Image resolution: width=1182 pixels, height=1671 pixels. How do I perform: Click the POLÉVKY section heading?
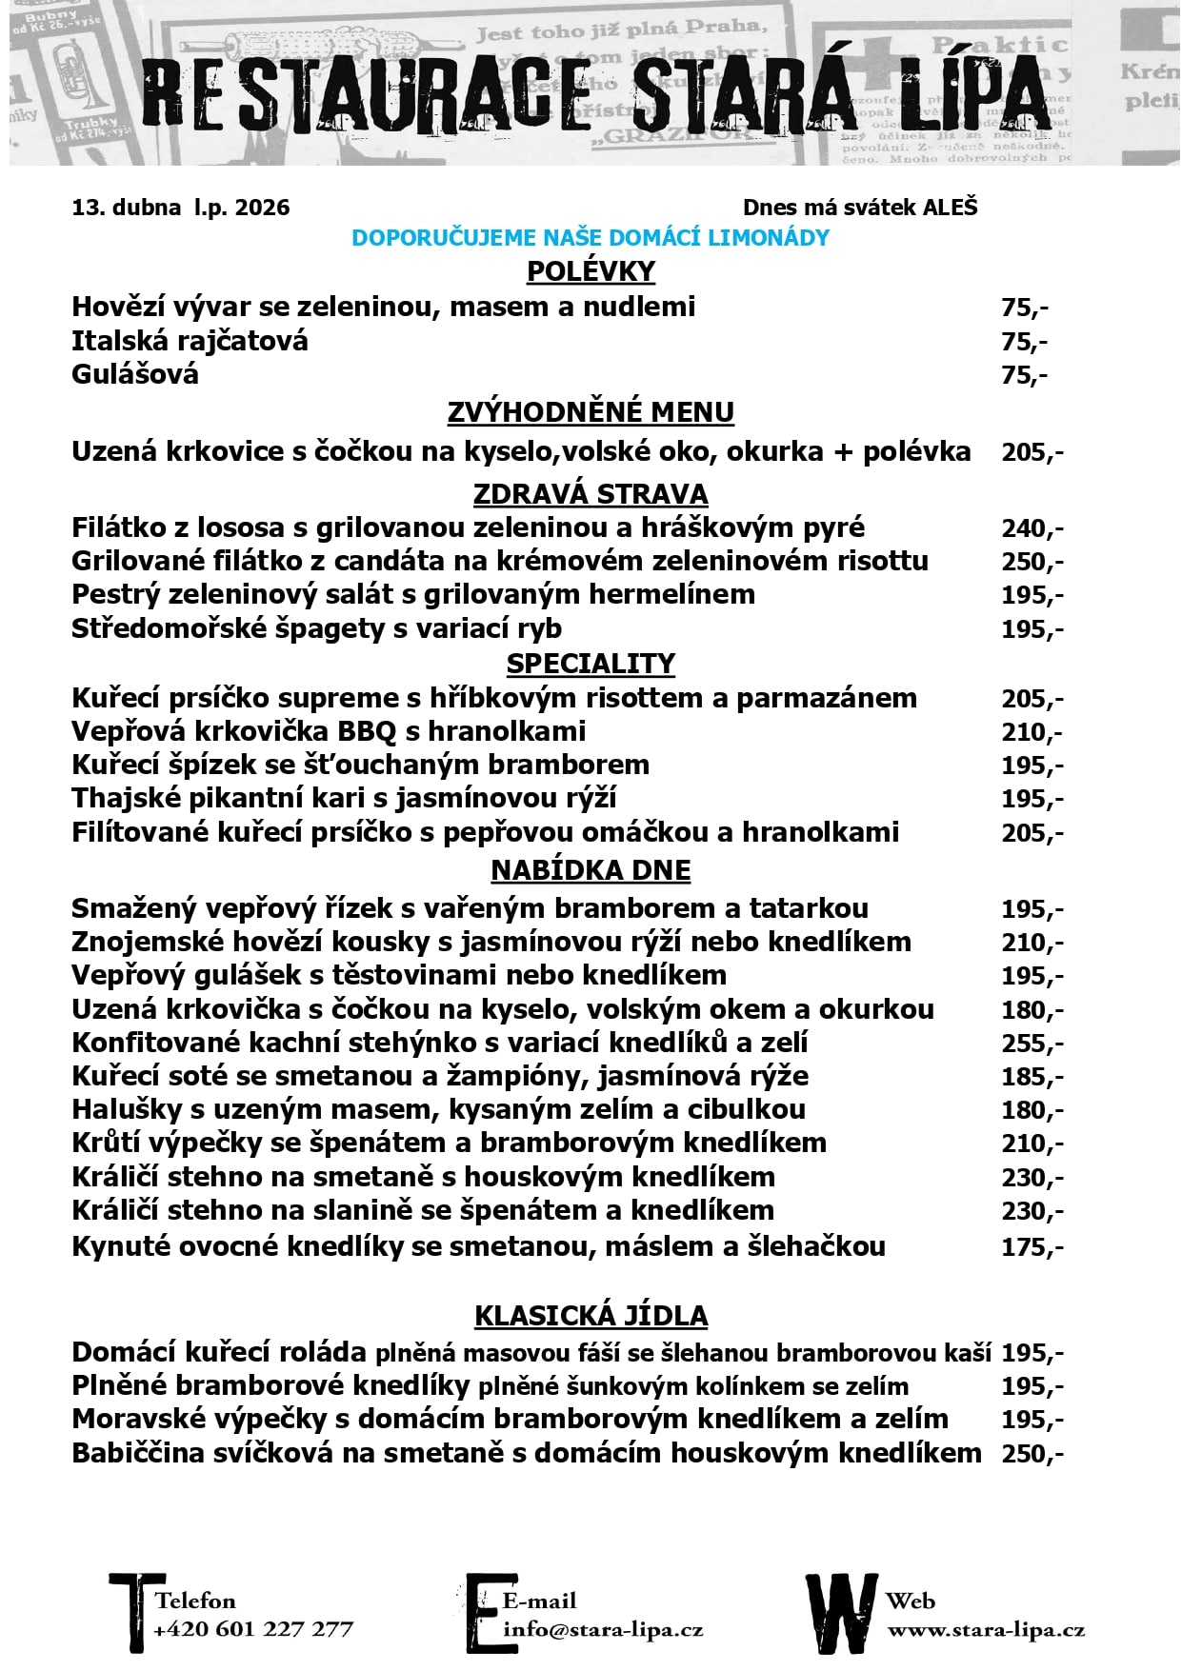591,271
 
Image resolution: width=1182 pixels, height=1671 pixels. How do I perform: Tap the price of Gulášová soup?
1024,375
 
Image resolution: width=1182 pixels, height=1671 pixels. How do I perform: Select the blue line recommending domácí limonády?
591,238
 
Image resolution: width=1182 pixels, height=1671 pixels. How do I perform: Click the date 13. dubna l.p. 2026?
180,208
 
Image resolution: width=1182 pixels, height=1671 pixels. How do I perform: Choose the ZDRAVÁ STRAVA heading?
591,494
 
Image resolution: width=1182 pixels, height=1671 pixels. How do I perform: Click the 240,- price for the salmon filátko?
1032,528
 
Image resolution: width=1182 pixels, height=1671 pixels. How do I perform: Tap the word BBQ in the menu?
367,732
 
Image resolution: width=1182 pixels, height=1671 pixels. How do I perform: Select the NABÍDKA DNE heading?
591,870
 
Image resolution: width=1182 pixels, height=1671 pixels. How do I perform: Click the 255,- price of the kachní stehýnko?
1032,1044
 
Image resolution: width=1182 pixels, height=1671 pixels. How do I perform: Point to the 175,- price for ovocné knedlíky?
1032,1247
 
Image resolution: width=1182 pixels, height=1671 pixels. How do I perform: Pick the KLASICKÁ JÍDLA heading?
591,1316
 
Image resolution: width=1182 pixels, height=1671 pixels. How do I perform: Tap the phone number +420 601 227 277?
253,1629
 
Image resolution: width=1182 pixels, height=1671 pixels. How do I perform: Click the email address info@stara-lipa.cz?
603,1629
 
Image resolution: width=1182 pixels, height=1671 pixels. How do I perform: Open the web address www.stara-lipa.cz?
986,1630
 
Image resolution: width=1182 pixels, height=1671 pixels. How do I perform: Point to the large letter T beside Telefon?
130,1612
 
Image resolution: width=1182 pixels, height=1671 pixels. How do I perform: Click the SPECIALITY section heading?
591,664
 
